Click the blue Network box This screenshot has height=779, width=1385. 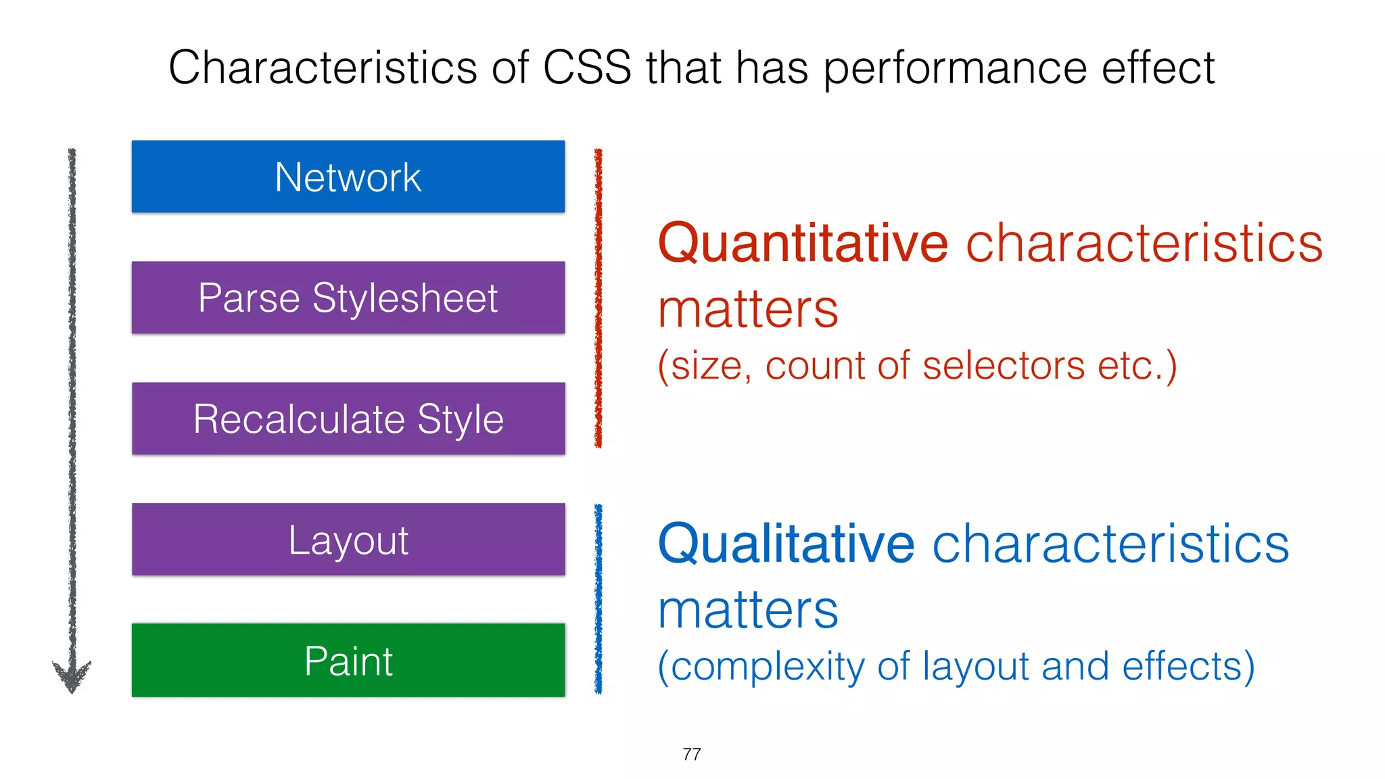pos(348,176)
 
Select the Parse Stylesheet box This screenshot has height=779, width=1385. pos(348,298)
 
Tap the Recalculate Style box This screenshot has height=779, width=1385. pos(348,419)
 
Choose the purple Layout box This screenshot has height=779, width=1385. pos(348,540)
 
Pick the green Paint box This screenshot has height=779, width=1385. pos(348,660)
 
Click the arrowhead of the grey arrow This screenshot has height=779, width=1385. pos(72,676)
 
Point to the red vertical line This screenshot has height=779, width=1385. pos(598,298)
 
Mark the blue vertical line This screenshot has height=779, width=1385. pos(598,598)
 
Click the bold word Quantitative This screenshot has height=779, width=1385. pos(803,243)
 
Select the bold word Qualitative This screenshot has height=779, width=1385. pos(786,544)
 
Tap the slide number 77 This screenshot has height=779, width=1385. pos(692,754)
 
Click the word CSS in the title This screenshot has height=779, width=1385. pos(586,68)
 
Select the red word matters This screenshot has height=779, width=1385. pos(748,310)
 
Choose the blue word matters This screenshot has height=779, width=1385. pos(748,611)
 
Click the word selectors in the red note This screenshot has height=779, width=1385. pos(1004,366)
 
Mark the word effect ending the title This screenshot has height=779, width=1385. pos(1158,68)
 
